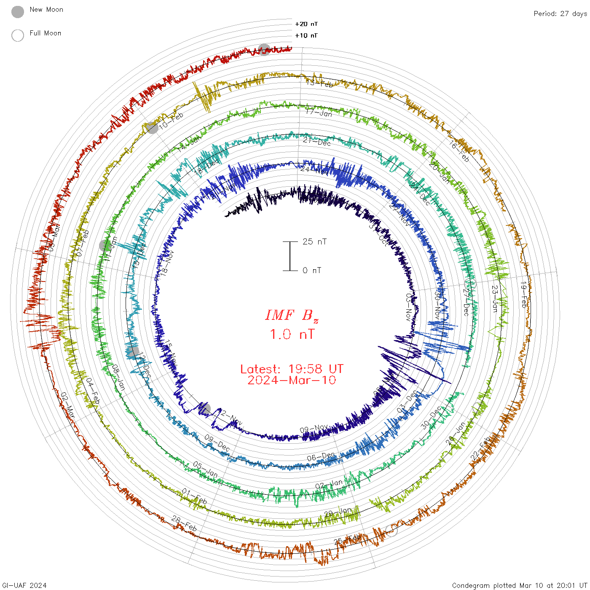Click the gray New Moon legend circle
[18, 12]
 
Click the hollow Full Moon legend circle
[18, 35]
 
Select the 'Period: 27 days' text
[560, 13]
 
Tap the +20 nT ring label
[306, 24]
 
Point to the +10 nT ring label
[306, 35]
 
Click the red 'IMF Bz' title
[292, 315]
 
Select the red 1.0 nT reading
[292, 334]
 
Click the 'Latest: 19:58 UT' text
[292, 369]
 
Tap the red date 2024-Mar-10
[292, 380]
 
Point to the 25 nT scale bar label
[314, 241]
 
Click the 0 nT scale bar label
[312, 270]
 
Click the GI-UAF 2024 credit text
[24, 585]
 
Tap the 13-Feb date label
[319, 83]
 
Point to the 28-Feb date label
[184, 523]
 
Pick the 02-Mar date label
[68, 405]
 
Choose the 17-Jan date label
[319, 113]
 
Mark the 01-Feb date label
[194, 496]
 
